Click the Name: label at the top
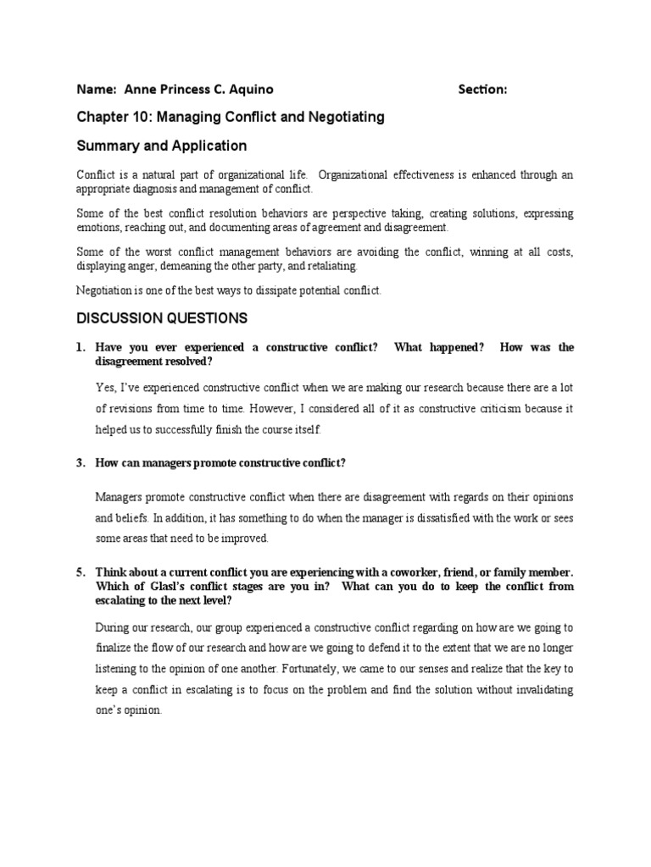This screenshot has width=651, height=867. point(97,90)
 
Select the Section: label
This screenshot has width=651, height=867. point(482,90)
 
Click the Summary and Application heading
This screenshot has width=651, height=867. point(162,146)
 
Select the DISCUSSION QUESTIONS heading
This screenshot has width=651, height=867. point(162,318)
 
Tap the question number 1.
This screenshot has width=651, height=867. point(81,347)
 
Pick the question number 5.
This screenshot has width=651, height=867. point(81,572)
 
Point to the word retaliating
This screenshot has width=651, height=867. point(332,266)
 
